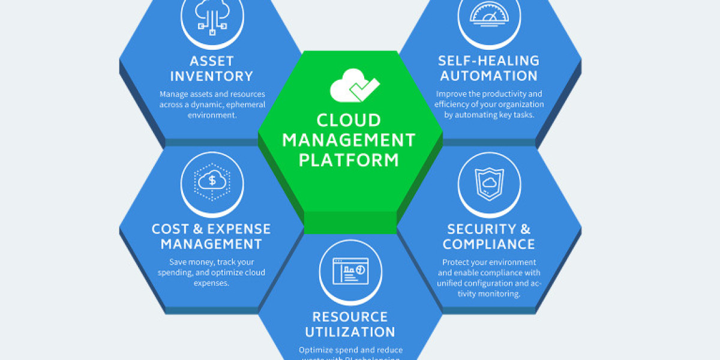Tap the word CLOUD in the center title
(349, 120)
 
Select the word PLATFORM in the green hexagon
(349, 160)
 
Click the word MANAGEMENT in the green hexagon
(349, 140)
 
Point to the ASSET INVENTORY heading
(212, 68)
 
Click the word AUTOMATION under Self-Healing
(488, 76)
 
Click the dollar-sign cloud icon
(212, 179)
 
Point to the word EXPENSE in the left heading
(242, 229)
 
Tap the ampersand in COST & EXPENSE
(196, 229)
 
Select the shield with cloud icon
(489, 179)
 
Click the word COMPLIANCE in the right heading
(489, 244)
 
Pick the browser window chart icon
(350, 271)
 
